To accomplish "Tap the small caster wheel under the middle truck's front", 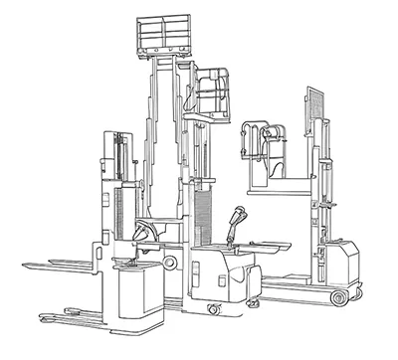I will point(214,309).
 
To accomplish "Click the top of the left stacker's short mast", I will point(118,135).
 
